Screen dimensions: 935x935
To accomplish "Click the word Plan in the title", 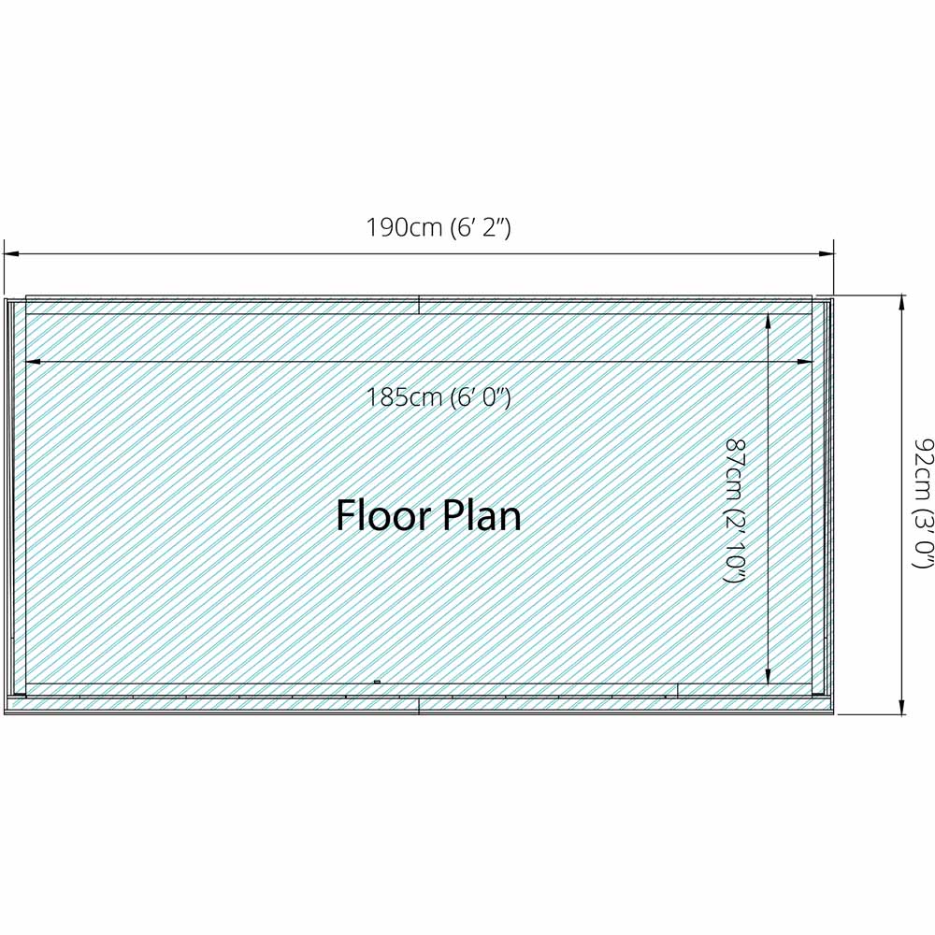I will pos(483,515).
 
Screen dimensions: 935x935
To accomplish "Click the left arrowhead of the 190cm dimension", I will pos(10,252).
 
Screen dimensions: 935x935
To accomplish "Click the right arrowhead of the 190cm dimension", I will pos(827,252).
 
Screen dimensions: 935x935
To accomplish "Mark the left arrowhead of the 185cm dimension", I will pos(33,361).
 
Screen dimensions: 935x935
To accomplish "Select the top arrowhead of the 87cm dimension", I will pos(769,321).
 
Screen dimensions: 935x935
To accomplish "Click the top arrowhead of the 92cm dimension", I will pos(902,302).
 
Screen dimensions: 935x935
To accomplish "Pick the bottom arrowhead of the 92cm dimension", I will pos(902,708).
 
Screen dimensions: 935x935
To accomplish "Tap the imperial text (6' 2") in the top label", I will pos(480,227).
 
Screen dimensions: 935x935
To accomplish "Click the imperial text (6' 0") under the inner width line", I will pos(480,396).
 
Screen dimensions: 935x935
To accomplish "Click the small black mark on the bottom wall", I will pos(377,683).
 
